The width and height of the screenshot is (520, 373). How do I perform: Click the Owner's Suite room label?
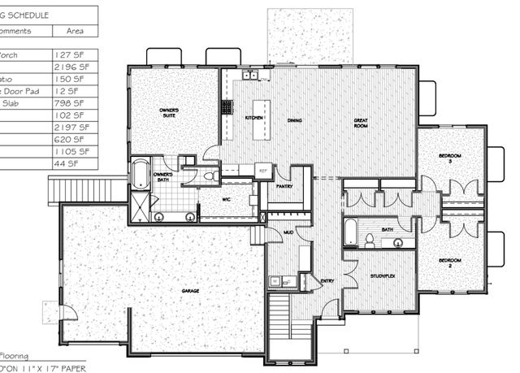168,111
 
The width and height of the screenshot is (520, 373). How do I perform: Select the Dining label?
297,121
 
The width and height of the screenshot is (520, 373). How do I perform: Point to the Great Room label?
361,124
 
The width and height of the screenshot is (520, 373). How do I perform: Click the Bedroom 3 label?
450,158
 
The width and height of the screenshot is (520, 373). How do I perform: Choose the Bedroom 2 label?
450,262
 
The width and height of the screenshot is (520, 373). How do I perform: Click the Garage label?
192,290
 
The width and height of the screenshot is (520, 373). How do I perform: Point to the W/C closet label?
228,197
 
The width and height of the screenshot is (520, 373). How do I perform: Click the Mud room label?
288,232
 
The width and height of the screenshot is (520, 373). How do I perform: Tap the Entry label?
327,281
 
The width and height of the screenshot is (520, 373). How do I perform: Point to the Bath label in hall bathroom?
387,230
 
